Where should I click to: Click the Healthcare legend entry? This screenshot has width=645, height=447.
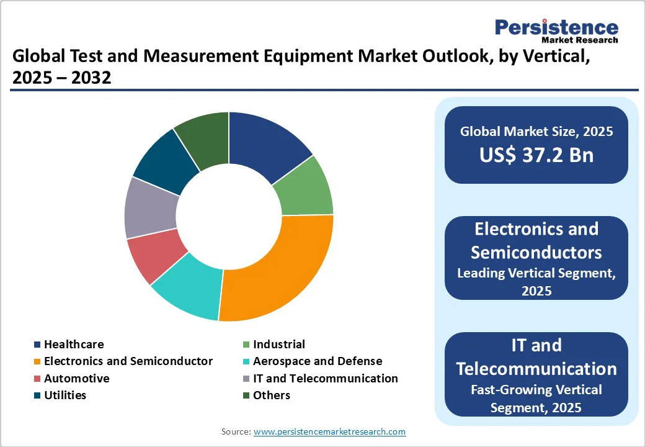click(74, 344)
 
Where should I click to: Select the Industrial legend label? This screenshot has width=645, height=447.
click(278, 344)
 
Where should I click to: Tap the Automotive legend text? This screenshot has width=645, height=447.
click(76, 378)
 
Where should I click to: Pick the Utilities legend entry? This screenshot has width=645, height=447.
click(65, 395)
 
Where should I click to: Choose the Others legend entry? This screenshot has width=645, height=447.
click(271, 395)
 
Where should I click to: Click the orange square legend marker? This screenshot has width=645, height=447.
click(38, 361)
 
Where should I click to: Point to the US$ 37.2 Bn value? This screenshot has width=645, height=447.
click(536, 155)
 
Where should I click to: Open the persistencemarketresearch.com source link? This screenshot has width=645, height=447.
click(329, 431)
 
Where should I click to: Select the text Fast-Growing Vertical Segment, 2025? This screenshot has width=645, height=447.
click(536, 399)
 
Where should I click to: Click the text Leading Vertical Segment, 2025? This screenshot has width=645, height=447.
click(536, 281)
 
